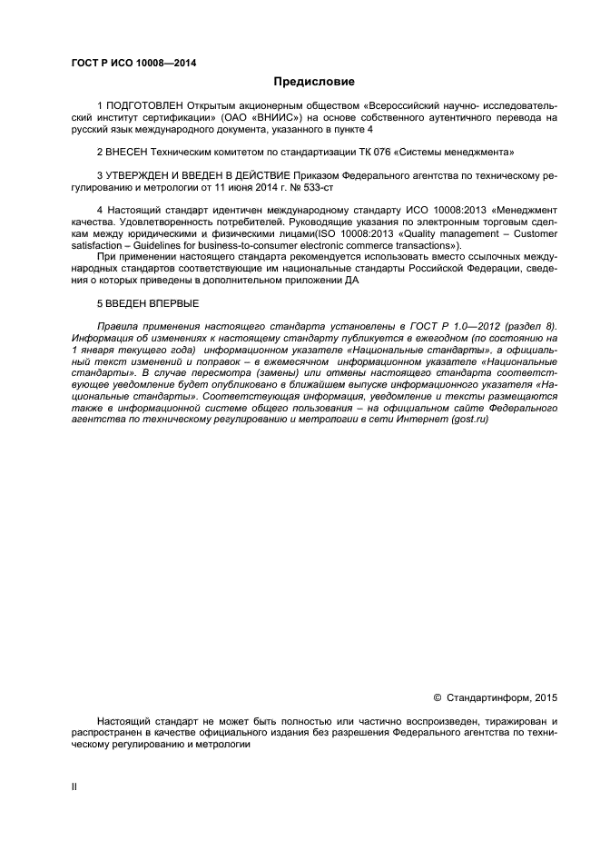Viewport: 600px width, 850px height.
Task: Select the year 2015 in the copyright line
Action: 543,698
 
